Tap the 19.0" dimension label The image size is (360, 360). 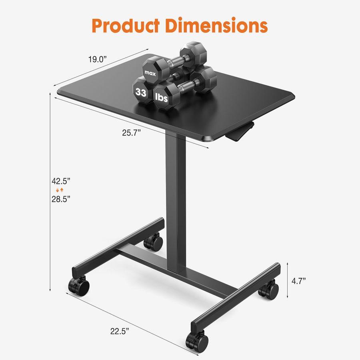pyautogui.click(x=98, y=60)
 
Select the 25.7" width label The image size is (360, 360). pyautogui.click(x=133, y=133)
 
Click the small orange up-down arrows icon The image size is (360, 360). pyautogui.click(x=60, y=190)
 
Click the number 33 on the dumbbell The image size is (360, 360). pyautogui.click(x=140, y=93)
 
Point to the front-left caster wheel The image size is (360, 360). pyautogui.click(x=79, y=286)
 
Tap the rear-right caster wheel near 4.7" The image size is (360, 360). pyautogui.click(x=268, y=289)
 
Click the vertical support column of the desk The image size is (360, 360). pyautogui.click(x=175, y=200)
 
